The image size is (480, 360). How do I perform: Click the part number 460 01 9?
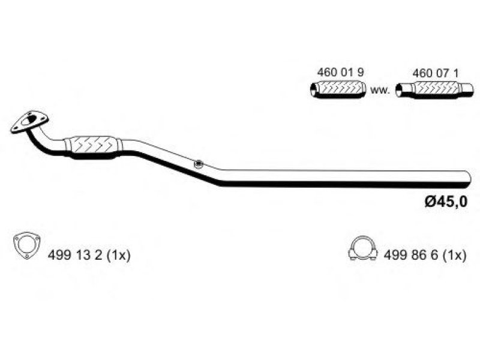tap(340, 73)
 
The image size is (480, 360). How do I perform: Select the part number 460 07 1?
tap(436, 73)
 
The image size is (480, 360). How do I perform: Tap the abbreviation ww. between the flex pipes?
tap(380, 91)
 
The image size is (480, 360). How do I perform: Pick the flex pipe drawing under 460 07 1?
tap(434, 91)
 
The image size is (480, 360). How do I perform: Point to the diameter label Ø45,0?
tap(446, 202)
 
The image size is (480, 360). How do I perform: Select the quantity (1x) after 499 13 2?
tap(119, 255)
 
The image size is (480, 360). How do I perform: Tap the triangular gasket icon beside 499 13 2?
tap(27, 246)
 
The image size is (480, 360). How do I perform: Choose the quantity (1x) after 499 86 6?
tap(455, 256)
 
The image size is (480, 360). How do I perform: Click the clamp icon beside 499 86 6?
tap(363, 249)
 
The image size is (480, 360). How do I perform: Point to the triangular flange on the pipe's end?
tap(29, 122)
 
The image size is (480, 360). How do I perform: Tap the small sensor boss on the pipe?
tap(199, 164)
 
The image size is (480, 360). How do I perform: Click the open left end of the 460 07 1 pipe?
tap(399, 91)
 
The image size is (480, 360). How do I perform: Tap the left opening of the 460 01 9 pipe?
tap(313, 89)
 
